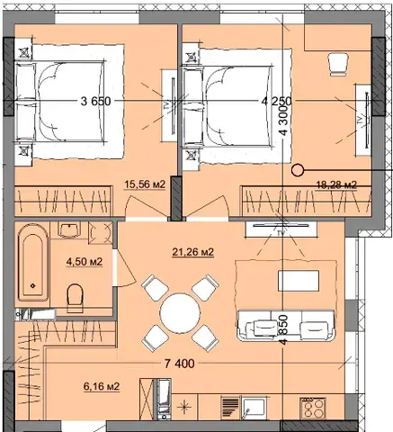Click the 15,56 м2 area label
click(145, 184)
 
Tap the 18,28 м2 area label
click(337, 184)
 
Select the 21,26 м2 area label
click(193, 252)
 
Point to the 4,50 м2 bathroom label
click(85, 262)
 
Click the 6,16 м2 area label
click(102, 386)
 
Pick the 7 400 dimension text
click(180, 364)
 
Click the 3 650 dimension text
click(95, 102)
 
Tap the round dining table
click(180, 312)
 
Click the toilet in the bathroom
click(75, 298)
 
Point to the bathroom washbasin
click(70, 229)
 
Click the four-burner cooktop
click(313, 408)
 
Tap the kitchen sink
click(254, 409)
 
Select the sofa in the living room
click(285, 326)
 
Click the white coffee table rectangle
click(299, 281)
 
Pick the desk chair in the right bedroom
click(339, 64)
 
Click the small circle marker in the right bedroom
click(298, 171)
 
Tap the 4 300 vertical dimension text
click(283, 120)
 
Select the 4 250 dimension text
click(276, 102)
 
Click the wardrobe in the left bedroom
click(63, 201)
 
